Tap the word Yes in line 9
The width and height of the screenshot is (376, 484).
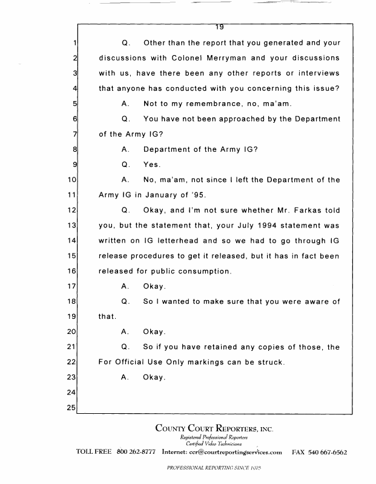point(151,164)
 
